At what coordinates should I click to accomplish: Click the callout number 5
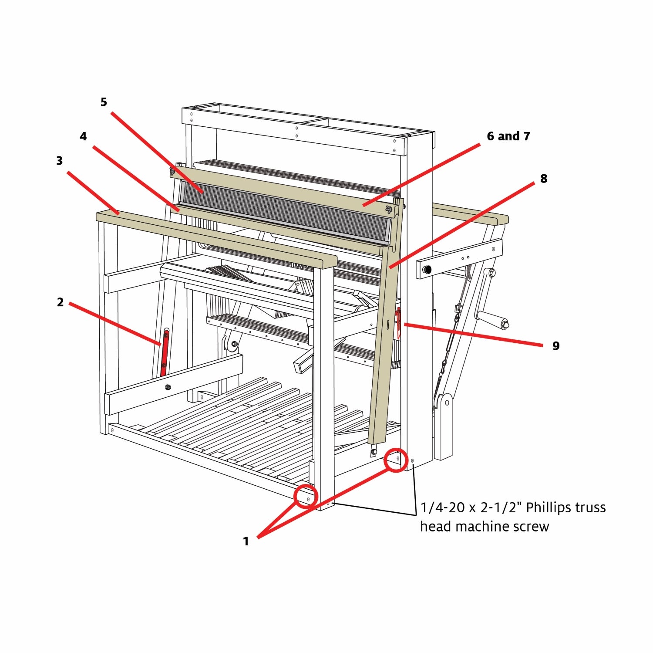pos(104,102)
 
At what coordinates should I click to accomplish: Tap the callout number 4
pos(83,136)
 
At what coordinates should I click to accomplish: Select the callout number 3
pos(60,161)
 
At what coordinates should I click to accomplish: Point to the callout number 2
pos(60,302)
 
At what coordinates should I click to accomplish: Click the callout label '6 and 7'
pos(508,136)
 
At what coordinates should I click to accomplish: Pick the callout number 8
pos(544,178)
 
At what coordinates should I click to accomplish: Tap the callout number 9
pos(556,345)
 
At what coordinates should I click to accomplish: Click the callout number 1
pos(246,541)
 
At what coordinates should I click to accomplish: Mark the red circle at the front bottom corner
pos(306,497)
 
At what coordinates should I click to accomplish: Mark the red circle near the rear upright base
pos(396,460)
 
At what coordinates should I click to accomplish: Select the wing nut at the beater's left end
pos(173,170)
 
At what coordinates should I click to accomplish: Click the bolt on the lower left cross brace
pos(168,387)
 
